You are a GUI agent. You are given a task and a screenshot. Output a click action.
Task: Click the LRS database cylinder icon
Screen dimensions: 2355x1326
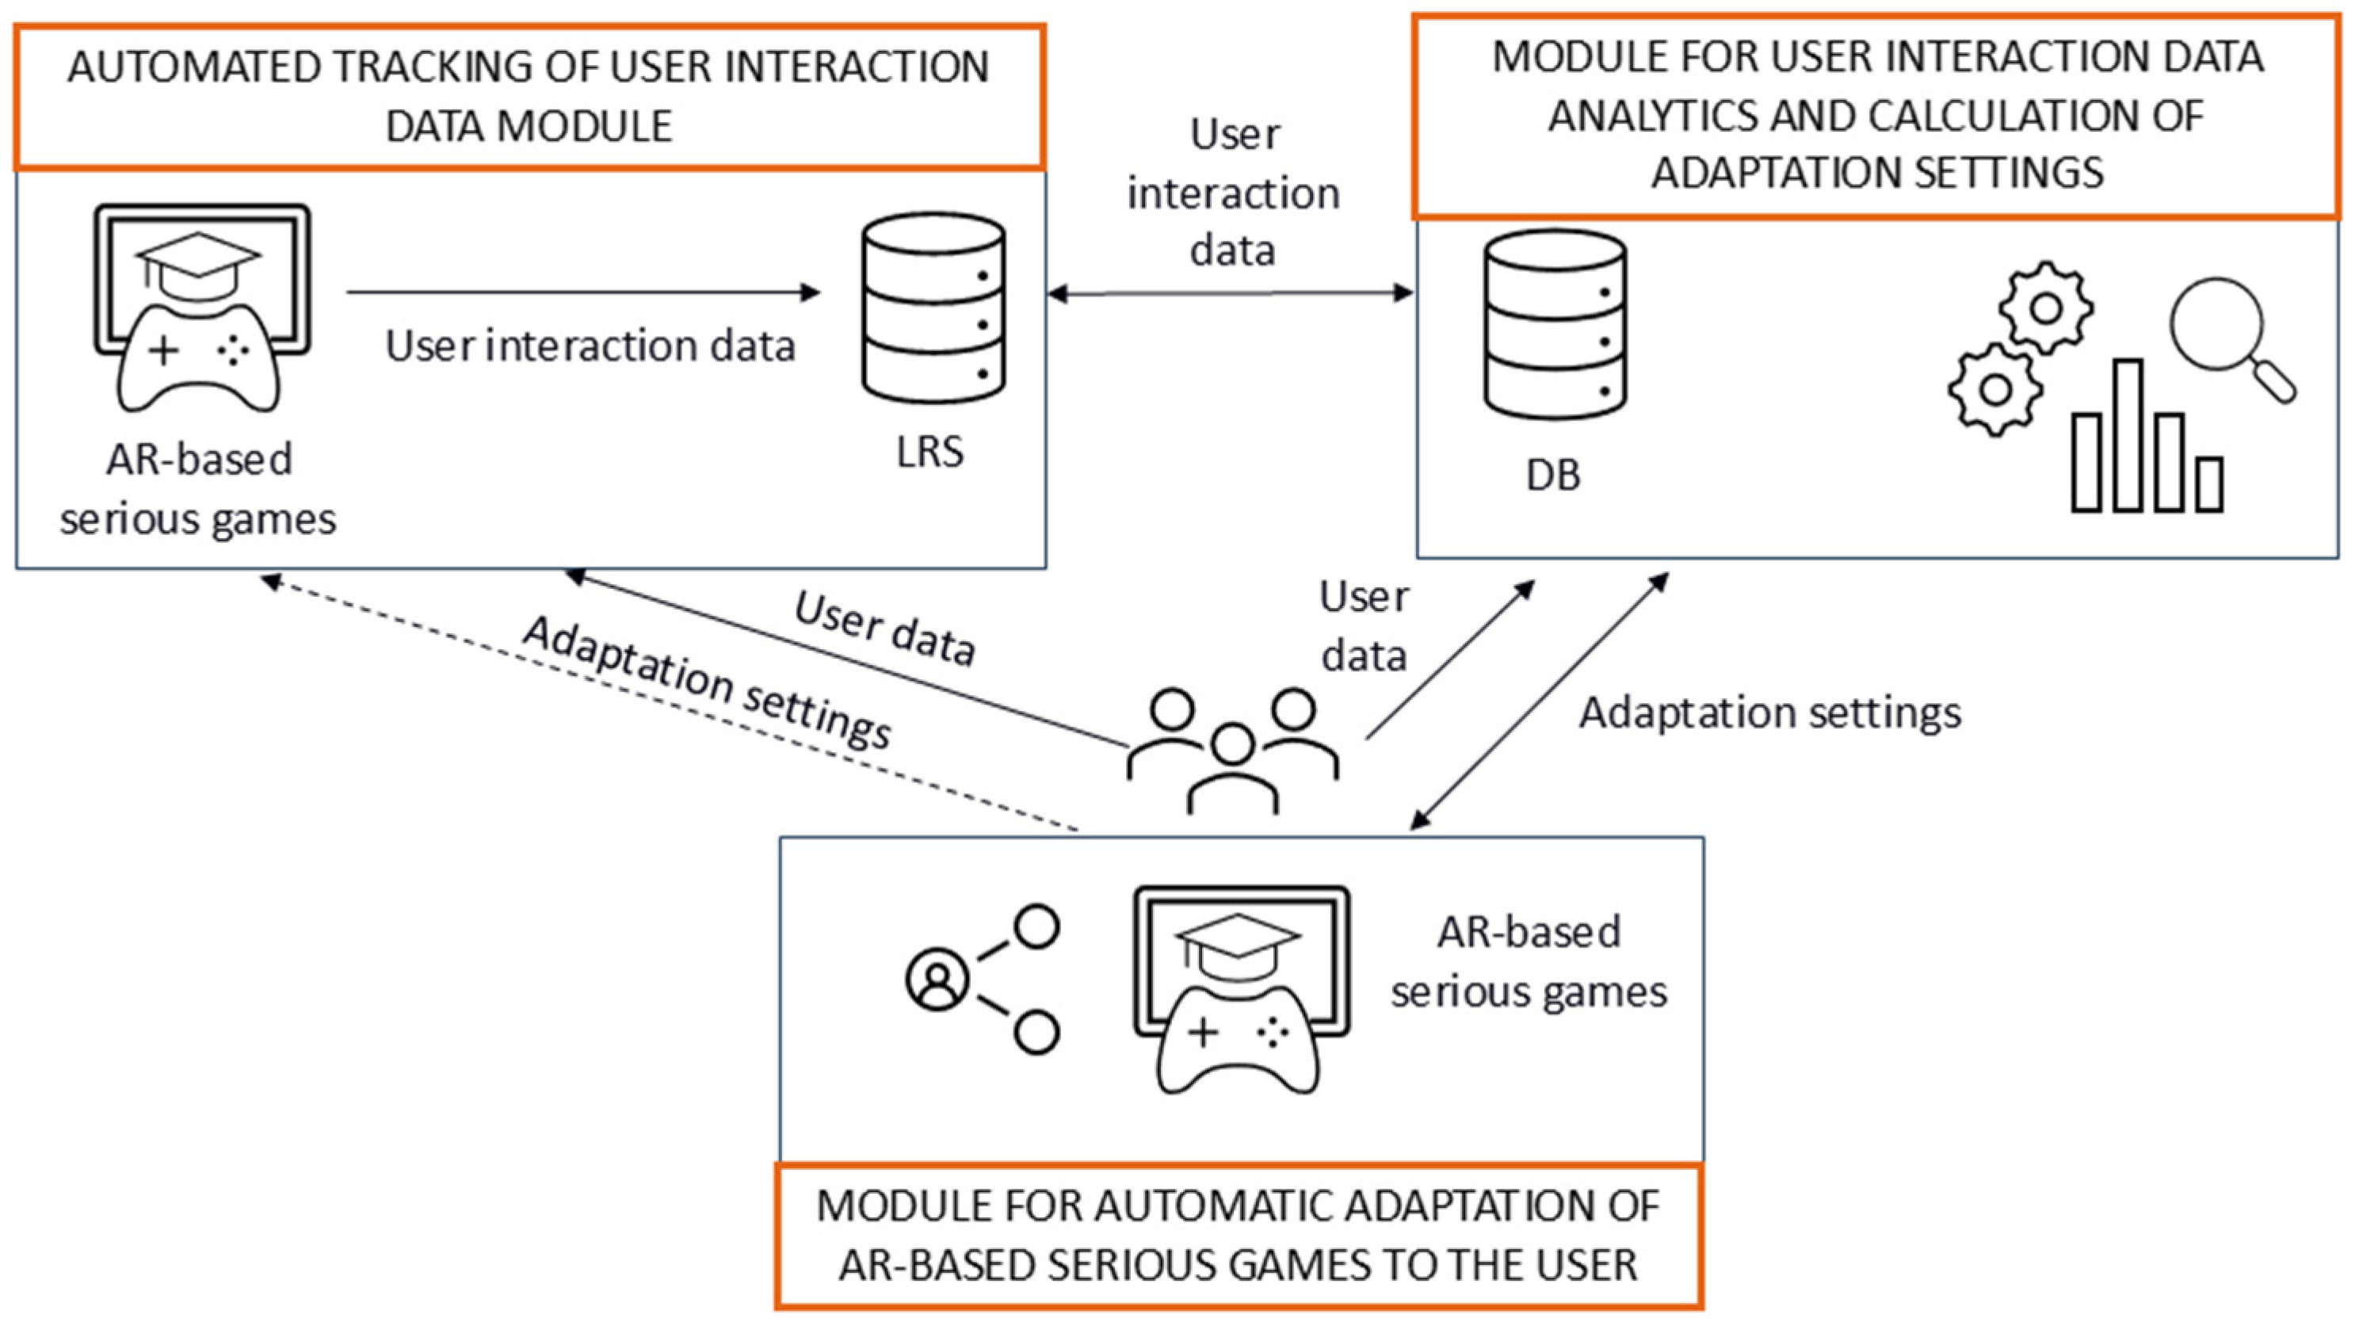point(933,308)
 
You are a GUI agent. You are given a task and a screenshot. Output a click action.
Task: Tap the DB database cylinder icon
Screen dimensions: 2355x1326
point(1555,325)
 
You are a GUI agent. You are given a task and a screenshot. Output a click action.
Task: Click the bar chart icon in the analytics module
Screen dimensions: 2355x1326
point(2147,435)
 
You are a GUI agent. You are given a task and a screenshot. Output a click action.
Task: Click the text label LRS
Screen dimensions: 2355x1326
point(929,452)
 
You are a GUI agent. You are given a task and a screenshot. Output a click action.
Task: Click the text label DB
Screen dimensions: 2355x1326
point(1553,476)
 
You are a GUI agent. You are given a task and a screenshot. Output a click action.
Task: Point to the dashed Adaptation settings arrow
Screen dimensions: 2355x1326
point(670,703)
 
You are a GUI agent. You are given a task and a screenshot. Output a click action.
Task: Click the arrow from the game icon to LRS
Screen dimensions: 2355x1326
point(583,292)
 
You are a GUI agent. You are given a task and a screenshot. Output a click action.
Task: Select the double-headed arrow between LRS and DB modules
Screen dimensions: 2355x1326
point(1231,293)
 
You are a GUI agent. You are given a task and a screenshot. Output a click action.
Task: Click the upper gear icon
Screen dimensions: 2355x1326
point(2046,308)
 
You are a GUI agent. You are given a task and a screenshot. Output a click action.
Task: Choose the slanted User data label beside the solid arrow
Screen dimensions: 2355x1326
point(884,628)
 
